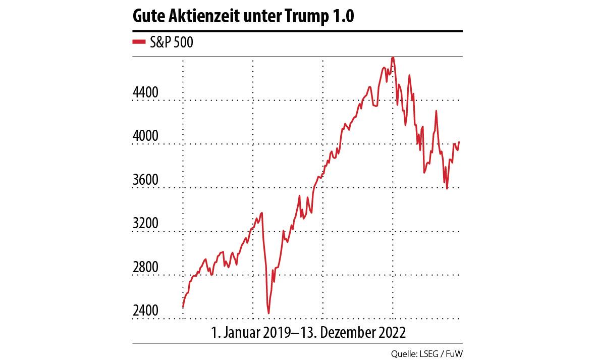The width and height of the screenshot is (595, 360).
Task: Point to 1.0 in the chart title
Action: (x=343, y=17)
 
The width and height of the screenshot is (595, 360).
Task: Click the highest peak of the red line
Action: (x=393, y=58)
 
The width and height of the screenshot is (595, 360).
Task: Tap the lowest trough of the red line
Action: (x=268, y=314)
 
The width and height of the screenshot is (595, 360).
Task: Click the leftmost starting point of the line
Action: (x=183, y=307)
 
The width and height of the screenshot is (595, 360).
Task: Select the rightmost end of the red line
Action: (x=459, y=142)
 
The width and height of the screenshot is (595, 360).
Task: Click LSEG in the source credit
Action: (x=430, y=353)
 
